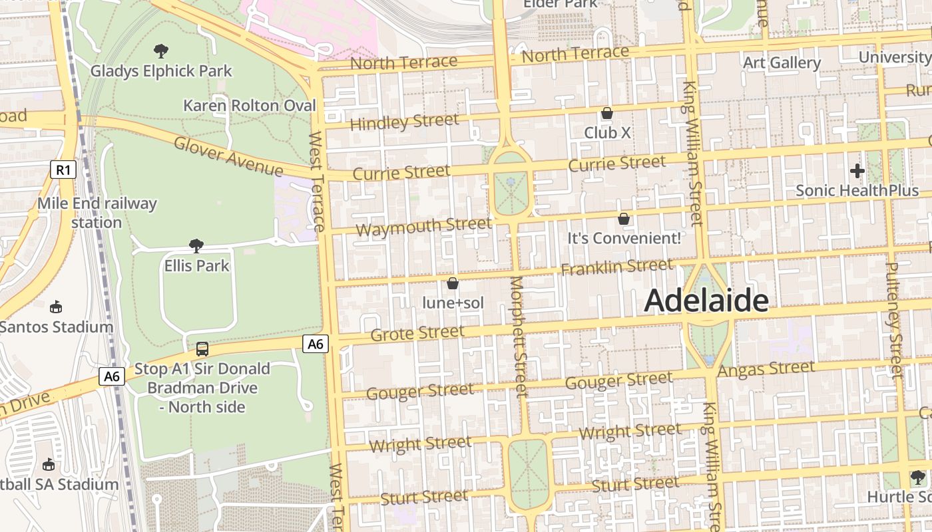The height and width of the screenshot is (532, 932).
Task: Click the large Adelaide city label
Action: [x=706, y=301]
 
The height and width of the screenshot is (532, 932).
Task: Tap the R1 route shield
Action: [x=63, y=170]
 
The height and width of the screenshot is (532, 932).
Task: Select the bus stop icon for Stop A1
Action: [x=202, y=348]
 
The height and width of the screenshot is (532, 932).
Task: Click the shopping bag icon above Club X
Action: [x=607, y=113]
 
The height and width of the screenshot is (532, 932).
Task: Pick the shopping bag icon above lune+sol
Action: [x=453, y=283]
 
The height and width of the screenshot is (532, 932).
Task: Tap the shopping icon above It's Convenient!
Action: [x=624, y=218]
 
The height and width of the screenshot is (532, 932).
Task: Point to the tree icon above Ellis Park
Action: [x=196, y=246]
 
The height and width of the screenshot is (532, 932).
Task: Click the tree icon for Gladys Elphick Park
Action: [x=160, y=51]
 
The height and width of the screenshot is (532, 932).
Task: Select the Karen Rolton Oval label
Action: [x=250, y=105]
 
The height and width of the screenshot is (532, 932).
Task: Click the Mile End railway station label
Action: [x=97, y=213]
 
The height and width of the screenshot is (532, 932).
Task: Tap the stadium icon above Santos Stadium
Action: [x=56, y=307]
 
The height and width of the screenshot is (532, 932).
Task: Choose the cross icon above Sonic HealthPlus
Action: [x=857, y=171]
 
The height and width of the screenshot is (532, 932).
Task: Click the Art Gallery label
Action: [x=782, y=63]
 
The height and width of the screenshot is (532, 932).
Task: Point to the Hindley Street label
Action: [x=404, y=122]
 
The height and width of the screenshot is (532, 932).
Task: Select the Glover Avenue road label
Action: [x=228, y=156]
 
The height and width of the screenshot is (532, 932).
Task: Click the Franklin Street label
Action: [x=617, y=267]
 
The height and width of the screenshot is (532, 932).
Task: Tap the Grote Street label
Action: [x=417, y=332]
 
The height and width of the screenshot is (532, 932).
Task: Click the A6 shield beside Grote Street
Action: [x=316, y=344]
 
